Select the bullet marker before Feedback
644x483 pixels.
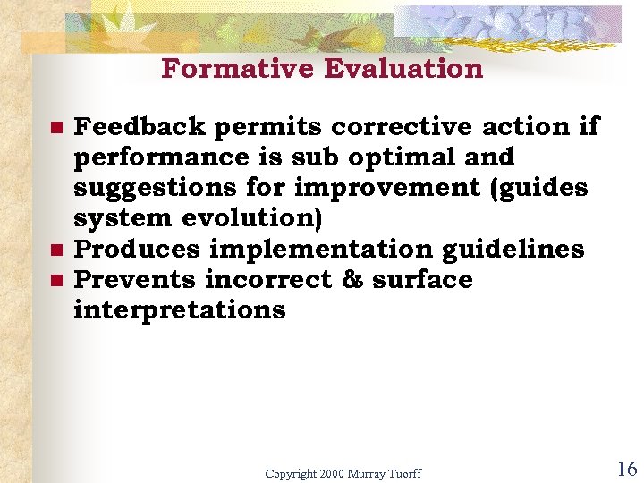55,128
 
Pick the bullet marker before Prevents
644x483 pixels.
55,281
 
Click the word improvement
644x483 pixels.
379,188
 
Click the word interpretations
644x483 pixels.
179,310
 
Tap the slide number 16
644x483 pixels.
626,469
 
